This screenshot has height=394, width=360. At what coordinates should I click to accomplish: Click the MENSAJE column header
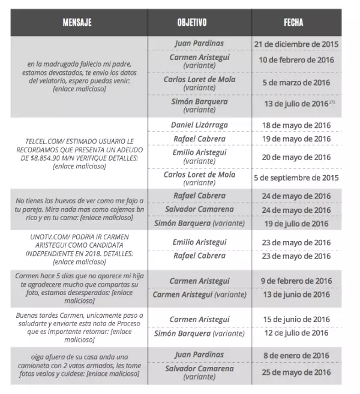[x=77, y=23]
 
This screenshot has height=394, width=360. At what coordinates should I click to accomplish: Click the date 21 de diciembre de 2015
[x=296, y=44]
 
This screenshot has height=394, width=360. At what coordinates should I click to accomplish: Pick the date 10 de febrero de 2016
[x=296, y=61]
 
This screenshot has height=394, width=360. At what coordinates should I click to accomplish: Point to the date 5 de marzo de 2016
[x=296, y=83]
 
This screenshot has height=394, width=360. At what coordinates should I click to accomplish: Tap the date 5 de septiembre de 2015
[x=296, y=178]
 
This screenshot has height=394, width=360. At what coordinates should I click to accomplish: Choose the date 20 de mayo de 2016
[x=296, y=157]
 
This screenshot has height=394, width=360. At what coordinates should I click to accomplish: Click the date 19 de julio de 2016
[x=296, y=224]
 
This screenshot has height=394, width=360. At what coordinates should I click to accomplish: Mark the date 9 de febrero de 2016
[x=296, y=281]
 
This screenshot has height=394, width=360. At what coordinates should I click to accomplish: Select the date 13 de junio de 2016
[x=296, y=294]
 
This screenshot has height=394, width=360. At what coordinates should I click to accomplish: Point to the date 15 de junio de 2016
[x=296, y=319]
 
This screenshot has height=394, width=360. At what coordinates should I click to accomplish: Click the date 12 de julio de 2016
[x=296, y=333]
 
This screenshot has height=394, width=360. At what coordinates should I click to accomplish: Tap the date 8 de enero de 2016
[x=296, y=355]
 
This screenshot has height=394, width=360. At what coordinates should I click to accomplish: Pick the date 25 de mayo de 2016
[x=296, y=372]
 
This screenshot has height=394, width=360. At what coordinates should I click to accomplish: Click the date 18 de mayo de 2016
[x=296, y=125]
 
